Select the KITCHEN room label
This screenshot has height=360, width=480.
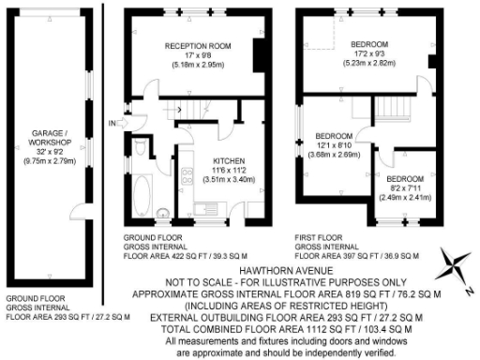tap(229, 159)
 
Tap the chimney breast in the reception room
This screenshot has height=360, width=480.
tap(258, 52)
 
